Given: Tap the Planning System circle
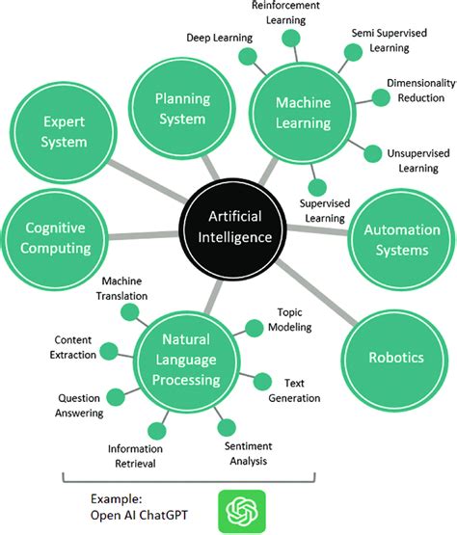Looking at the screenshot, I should tap(181, 110).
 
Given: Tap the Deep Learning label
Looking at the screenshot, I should tap(219, 38).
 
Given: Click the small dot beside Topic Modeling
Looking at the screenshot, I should tap(254, 328).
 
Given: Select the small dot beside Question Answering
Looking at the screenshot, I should tap(114, 395).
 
